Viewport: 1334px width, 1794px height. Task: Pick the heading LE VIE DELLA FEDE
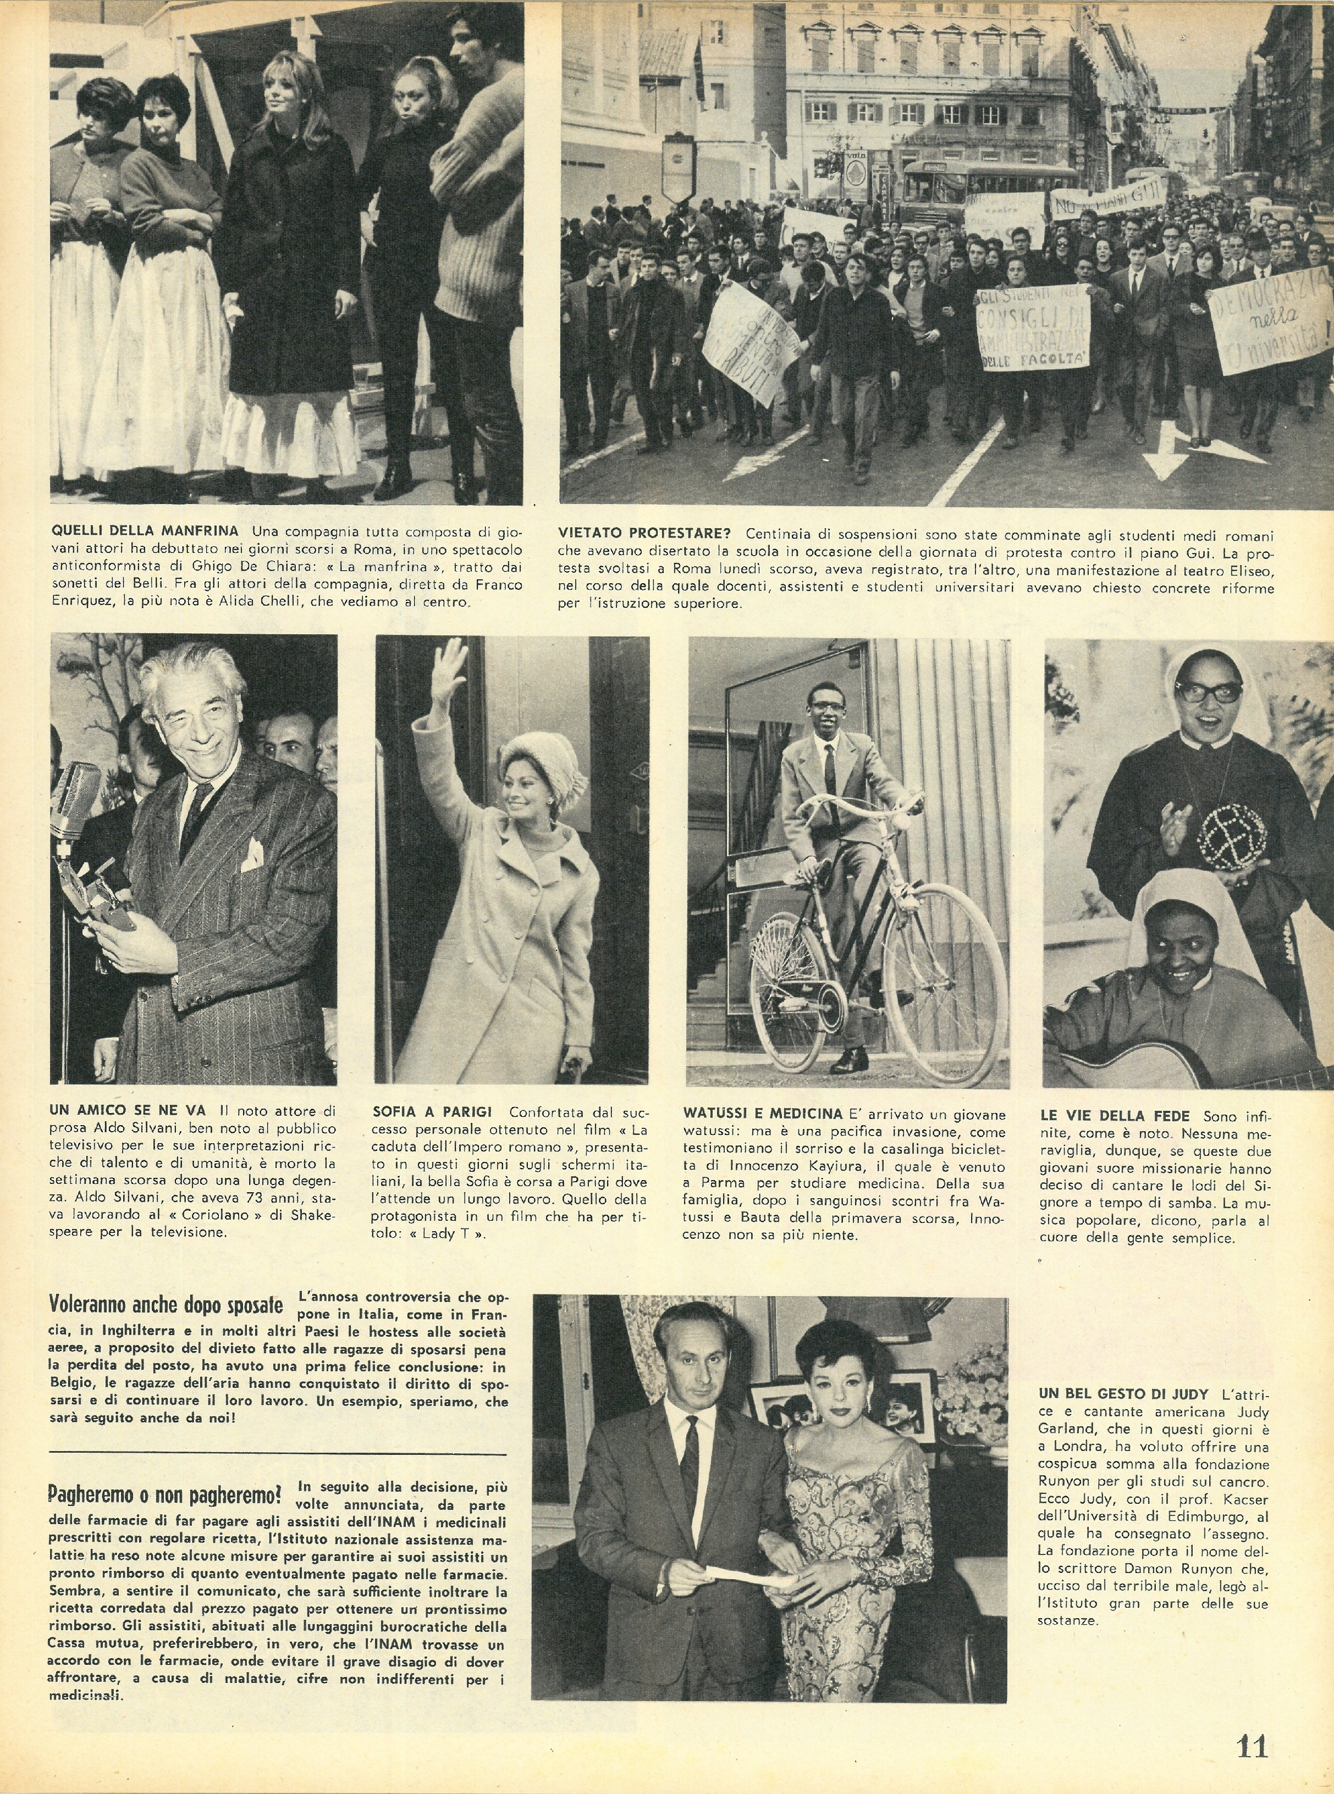click(x=1115, y=1116)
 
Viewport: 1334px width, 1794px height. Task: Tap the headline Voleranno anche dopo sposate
click(x=167, y=1305)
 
